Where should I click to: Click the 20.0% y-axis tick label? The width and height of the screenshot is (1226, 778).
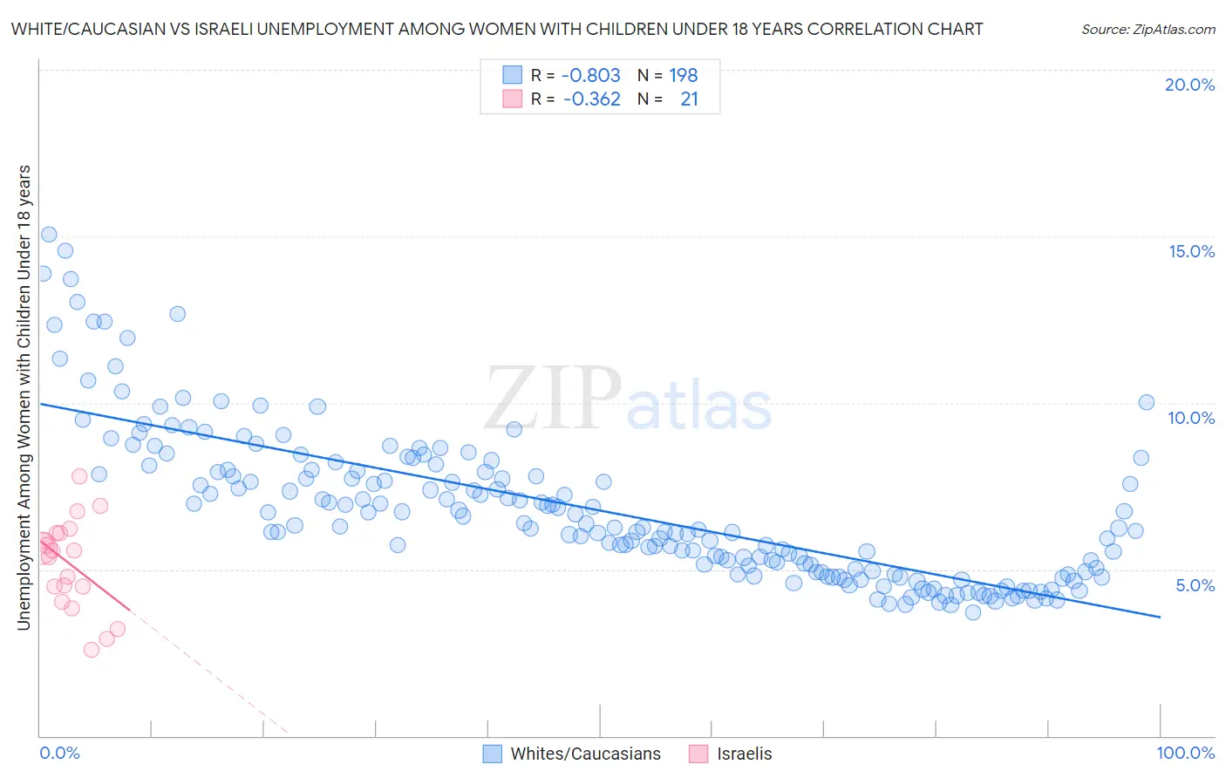point(1189,85)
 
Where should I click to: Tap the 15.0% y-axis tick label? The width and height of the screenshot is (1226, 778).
point(1191,251)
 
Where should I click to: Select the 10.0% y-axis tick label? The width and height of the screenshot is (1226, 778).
point(1191,418)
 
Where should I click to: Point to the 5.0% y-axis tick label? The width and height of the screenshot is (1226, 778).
point(1195,585)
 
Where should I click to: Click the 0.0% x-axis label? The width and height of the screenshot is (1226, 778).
point(59,753)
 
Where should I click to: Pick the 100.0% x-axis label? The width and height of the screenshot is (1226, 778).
point(1185,753)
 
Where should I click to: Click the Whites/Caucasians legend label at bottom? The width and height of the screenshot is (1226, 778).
point(585,754)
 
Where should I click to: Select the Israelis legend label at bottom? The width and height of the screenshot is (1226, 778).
point(744,754)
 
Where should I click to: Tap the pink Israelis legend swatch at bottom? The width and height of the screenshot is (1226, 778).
point(698,754)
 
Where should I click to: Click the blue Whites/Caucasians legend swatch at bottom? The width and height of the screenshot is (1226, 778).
point(492,754)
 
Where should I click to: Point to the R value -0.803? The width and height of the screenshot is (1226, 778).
point(590,76)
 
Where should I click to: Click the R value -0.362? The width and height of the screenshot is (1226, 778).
point(591,99)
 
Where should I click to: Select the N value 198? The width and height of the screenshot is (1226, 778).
point(683,76)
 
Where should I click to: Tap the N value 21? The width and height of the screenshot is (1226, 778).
point(689,99)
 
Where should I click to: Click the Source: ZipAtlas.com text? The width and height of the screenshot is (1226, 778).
point(1148,30)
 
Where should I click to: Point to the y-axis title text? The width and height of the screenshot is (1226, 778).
point(24,397)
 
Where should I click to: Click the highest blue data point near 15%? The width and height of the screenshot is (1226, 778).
point(49,235)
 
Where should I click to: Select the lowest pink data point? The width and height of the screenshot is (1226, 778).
point(91,650)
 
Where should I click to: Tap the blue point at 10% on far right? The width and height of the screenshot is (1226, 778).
point(1146,402)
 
